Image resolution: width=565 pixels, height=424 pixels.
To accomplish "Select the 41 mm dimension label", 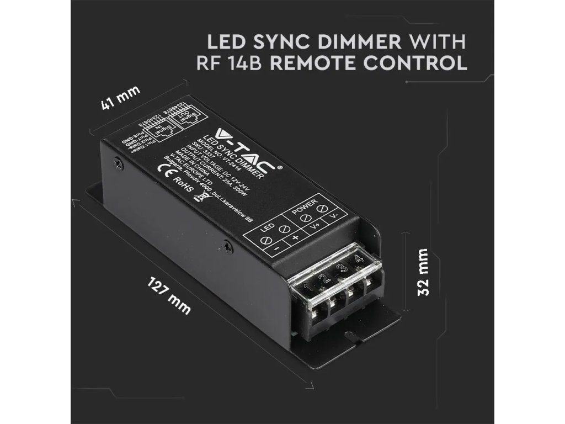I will click(x=120, y=98).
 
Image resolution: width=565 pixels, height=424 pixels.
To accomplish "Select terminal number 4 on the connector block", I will click(x=359, y=259).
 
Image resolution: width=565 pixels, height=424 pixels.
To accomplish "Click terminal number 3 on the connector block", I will click(x=343, y=269).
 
